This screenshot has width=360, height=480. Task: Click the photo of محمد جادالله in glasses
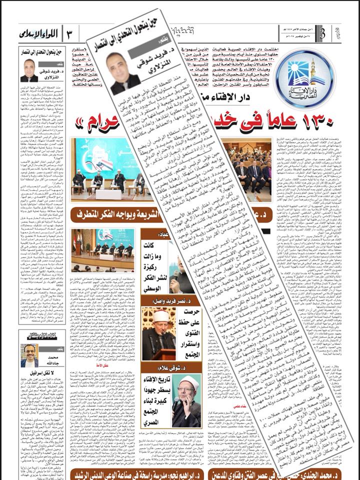(x=29, y=356)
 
